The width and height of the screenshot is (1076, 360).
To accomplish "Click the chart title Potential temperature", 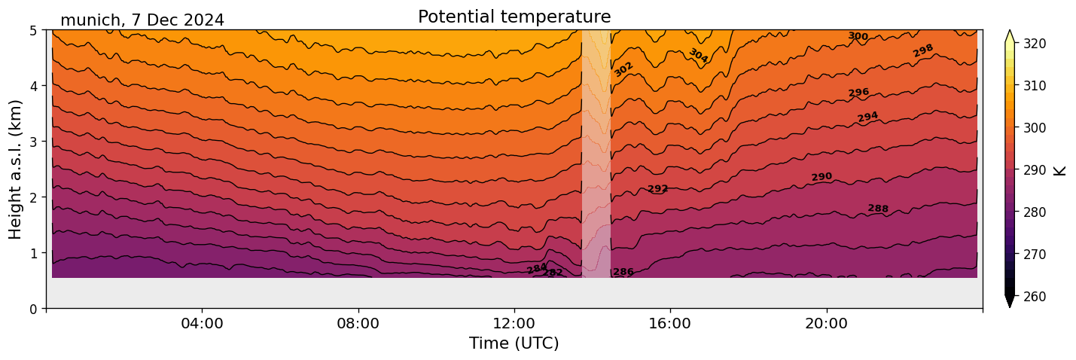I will coord(514,17).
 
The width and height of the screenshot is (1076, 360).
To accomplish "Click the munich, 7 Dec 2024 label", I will coord(142,20).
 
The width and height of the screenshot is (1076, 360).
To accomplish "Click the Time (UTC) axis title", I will coord(514,343).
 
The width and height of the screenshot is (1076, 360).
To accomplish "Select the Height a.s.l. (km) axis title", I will coord(16,169).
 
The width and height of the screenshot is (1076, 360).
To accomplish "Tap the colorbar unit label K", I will coord(1061,170).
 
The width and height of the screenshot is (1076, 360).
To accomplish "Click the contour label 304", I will coord(698,56).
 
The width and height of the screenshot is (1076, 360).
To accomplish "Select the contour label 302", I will coord(623,69).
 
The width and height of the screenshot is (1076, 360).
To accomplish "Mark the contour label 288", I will coord(878,209).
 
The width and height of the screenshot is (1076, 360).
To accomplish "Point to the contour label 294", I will coord(867,117).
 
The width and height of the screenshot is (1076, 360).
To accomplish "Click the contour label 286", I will coord(623,272).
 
